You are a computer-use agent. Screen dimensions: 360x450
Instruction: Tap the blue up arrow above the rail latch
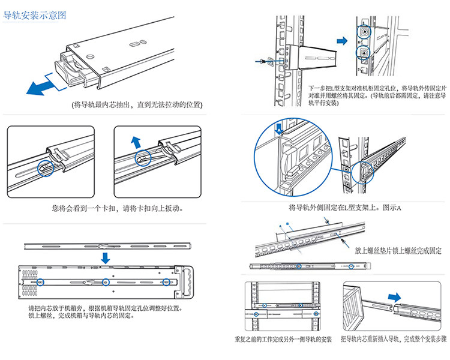pyautogui.click(x=136, y=142)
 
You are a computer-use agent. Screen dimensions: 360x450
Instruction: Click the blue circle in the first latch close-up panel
pyautogui.click(x=46, y=168)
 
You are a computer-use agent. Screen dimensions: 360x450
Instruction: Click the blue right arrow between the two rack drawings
pyautogui.click(x=341, y=40)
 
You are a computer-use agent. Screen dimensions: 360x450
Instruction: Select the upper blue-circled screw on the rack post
pyautogui.click(x=365, y=31)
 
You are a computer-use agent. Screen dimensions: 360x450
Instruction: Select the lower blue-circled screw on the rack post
pyautogui.click(x=365, y=53)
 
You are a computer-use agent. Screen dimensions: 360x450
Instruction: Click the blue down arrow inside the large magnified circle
pyautogui.click(x=279, y=127)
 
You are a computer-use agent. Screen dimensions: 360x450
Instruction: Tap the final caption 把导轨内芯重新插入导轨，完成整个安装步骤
pyautogui.click(x=394, y=340)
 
